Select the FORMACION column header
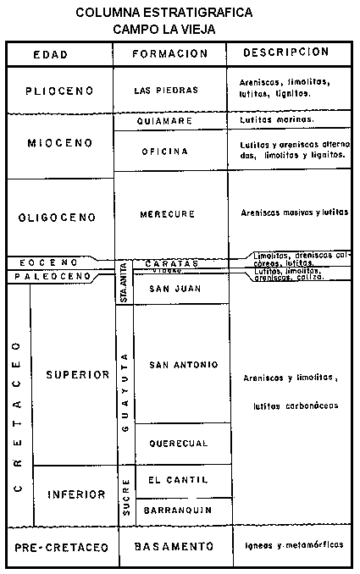click(170, 53)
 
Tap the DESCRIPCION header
click(285, 52)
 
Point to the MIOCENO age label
click(58, 142)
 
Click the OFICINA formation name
click(170, 152)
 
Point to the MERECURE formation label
click(171, 214)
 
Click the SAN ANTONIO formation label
click(183, 365)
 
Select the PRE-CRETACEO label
click(61, 549)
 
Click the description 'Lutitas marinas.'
click(277, 120)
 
